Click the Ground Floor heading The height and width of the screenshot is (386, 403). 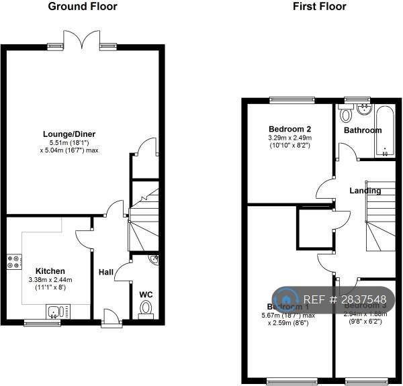coord(83,7)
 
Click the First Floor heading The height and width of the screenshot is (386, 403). coord(319,7)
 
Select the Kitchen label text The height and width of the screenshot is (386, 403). coord(50,271)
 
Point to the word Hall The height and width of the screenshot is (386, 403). coord(106,272)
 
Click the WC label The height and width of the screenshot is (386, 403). coord(146,294)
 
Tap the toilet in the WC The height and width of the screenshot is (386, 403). coord(146,308)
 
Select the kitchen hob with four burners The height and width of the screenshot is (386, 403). coord(13,262)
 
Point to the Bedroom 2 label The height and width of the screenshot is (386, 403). coord(289,129)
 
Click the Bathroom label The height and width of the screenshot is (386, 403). coord(363,130)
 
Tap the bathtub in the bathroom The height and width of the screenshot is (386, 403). coord(385,131)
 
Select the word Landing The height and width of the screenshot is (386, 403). coord(365,191)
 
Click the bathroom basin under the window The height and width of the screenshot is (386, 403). coord(365,109)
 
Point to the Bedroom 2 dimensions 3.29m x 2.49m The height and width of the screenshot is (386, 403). coord(289,138)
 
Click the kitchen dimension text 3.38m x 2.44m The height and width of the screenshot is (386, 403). coord(50,280)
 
